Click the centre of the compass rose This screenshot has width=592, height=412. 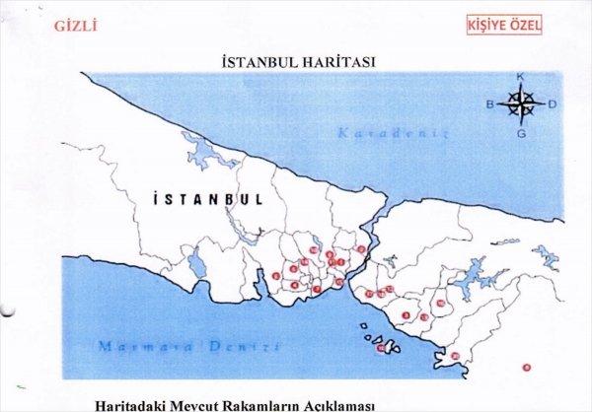click(x=523, y=101)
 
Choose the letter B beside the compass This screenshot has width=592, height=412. click(x=488, y=103)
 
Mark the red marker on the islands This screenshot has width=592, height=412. click(x=382, y=347)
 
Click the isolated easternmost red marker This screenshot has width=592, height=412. click(x=526, y=367)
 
